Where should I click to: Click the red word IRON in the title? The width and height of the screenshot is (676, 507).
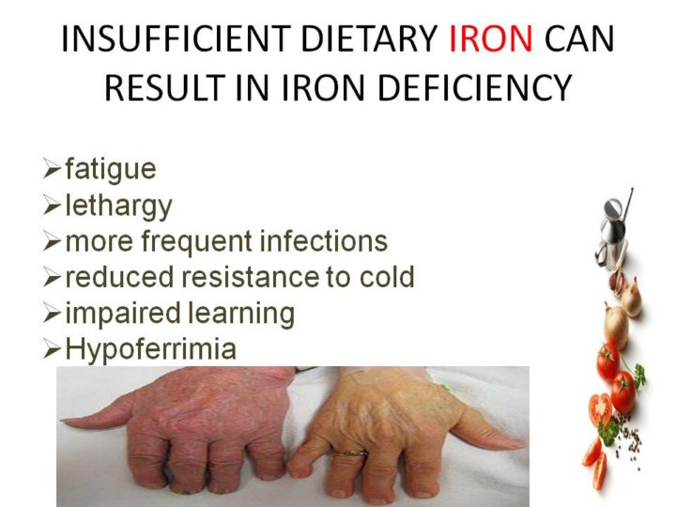(491, 38)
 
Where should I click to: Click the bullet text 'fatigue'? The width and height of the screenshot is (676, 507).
(111, 169)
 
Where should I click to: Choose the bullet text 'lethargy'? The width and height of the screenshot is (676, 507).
(119, 206)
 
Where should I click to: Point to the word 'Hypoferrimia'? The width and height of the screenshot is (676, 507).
(151, 349)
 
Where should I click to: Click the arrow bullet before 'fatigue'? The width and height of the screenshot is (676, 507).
(52, 169)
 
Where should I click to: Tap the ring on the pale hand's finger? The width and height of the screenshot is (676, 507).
(349, 453)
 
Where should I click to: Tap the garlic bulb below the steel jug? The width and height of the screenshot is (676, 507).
(618, 280)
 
